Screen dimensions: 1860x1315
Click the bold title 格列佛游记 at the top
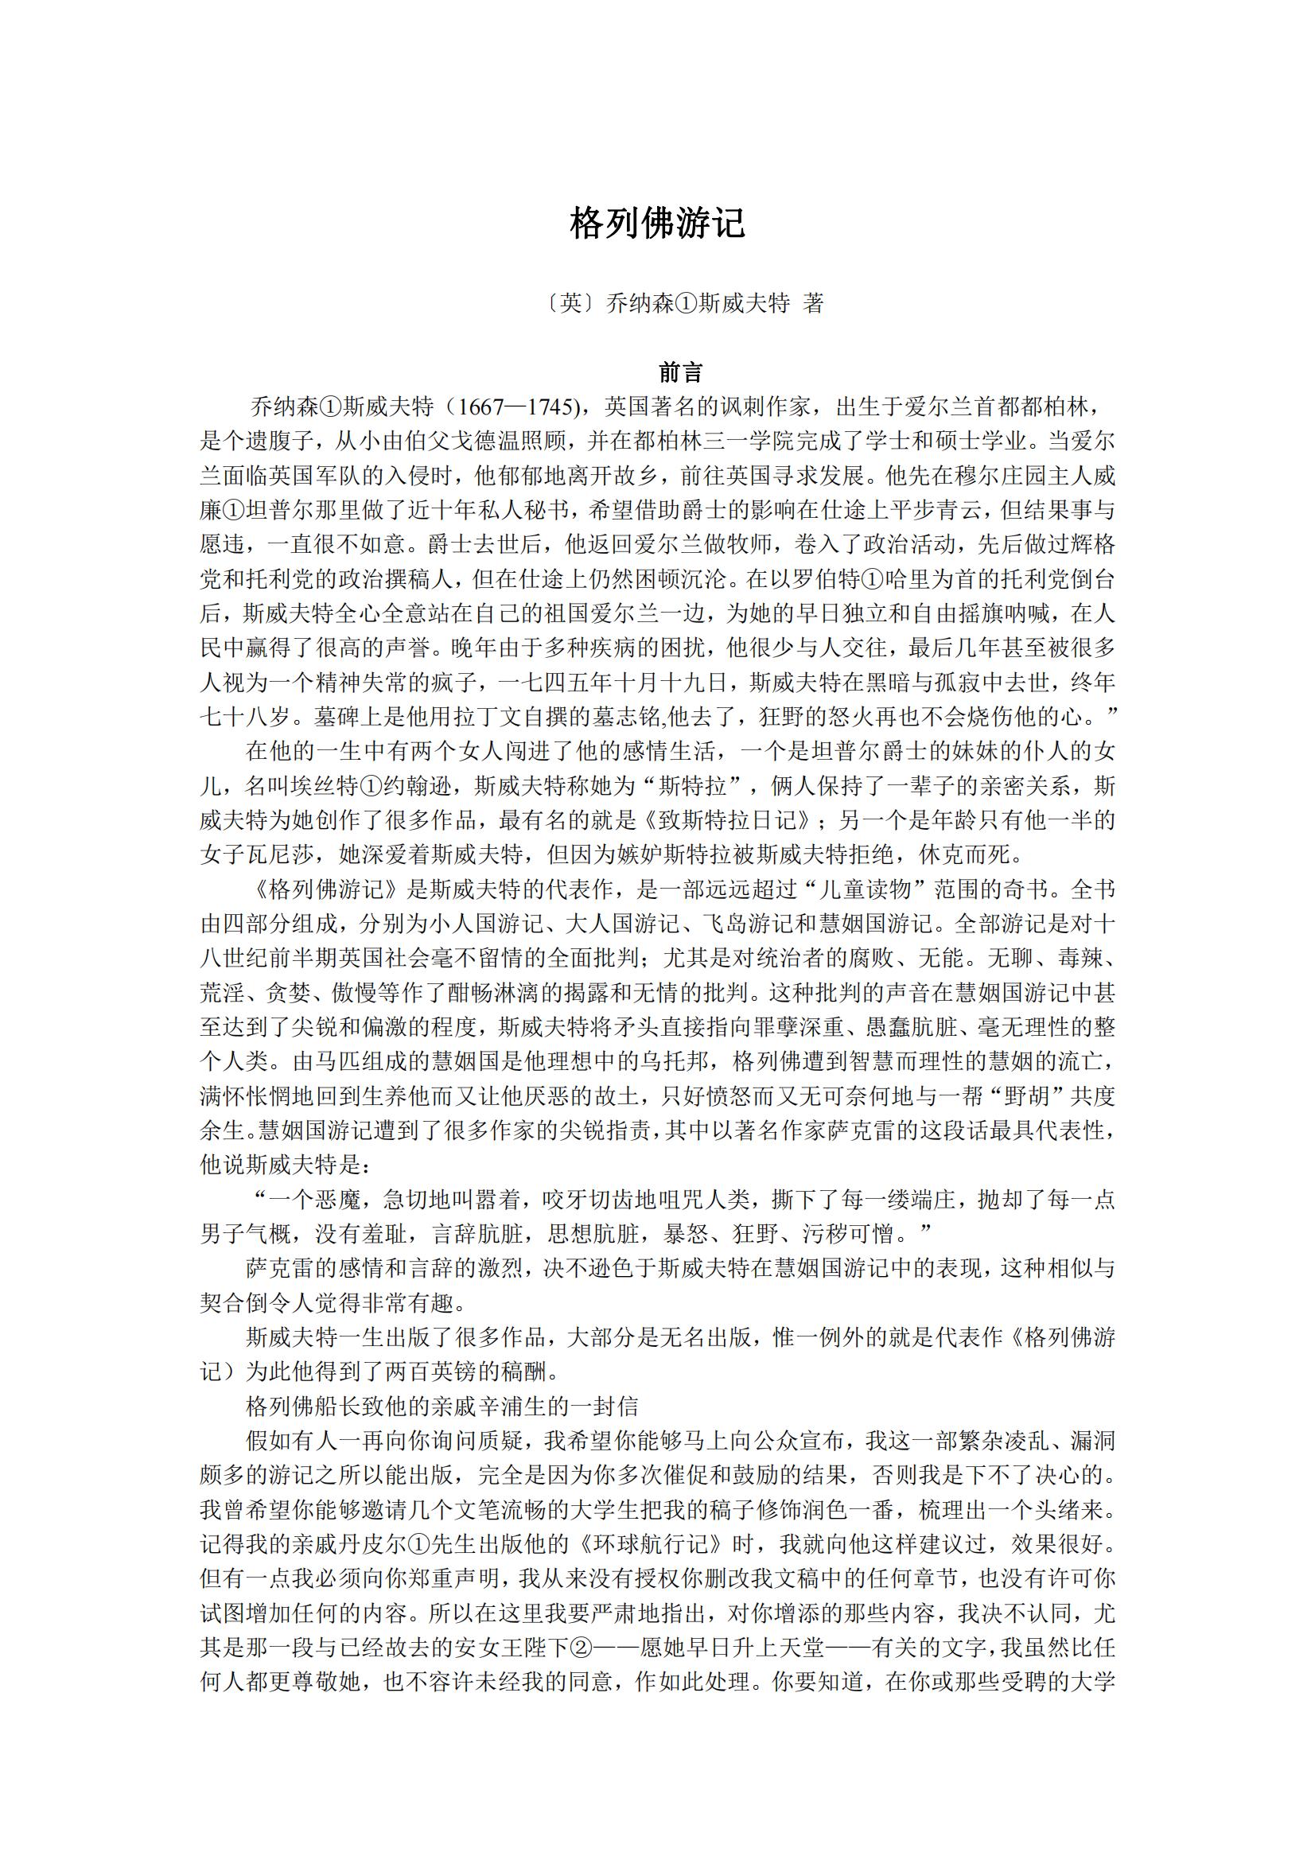657,224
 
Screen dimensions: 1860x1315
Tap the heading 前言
680,372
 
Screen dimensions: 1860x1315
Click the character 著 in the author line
813,303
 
